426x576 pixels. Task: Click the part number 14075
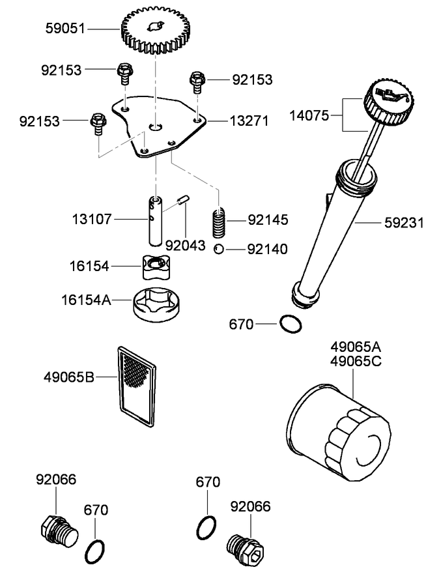[x=310, y=116]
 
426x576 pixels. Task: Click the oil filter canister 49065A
[x=339, y=434]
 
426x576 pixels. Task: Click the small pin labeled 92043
[x=185, y=199]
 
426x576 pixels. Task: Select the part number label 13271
[x=247, y=121]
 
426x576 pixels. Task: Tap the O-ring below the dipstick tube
[x=291, y=323]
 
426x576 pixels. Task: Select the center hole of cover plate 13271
[x=155, y=126]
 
